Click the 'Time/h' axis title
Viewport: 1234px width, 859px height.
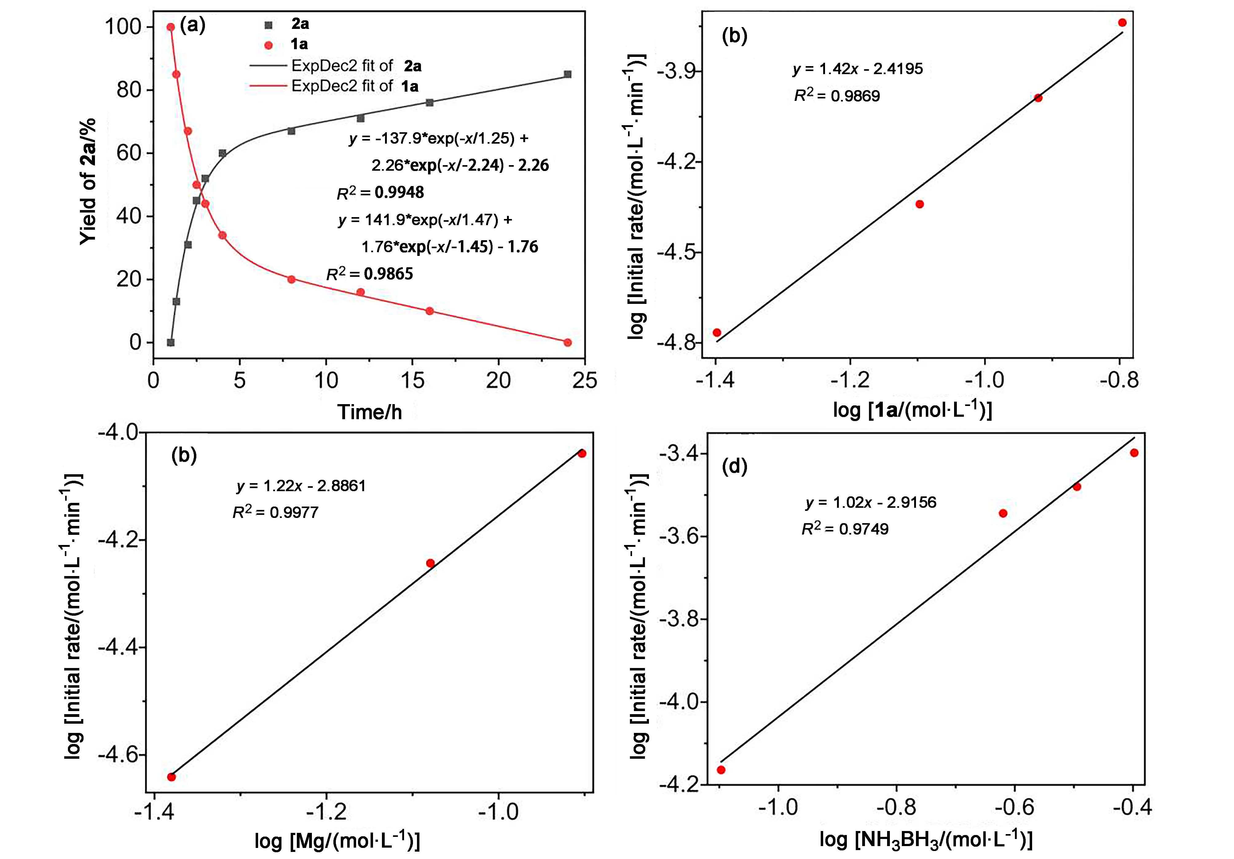tap(369, 412)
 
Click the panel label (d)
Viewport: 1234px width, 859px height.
tap(734, 466)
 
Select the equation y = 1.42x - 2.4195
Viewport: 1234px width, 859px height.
tap(858, 69)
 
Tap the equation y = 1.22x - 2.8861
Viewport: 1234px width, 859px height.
tap(301, 486)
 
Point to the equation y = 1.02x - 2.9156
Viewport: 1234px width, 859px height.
tap(871, 502)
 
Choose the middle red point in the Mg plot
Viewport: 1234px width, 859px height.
tap(430, 563)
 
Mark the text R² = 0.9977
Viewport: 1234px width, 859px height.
tap(275, 512)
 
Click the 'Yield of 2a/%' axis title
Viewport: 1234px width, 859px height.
tap(88, 181)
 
